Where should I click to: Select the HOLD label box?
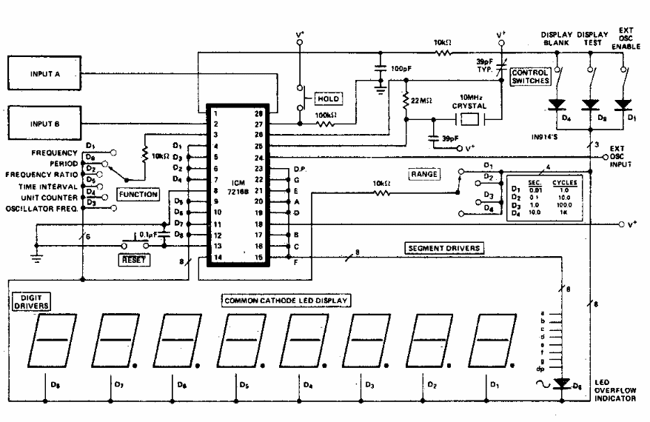(328, 98)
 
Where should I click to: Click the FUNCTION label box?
(138, 195)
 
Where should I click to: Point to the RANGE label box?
(423, 174)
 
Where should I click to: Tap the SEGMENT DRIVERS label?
(443, 247)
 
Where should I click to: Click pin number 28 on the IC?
(258, 113)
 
